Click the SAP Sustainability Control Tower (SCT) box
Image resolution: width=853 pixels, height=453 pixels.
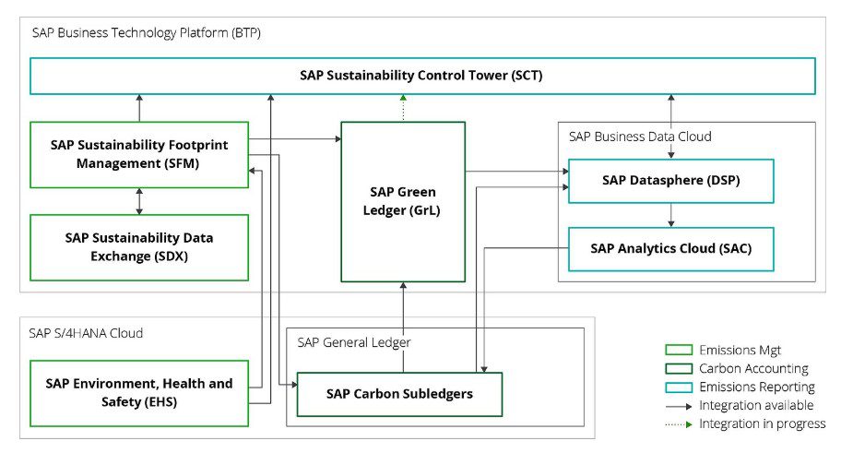coord(421,76)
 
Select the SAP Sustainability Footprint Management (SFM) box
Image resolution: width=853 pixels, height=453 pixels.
coord(139,154)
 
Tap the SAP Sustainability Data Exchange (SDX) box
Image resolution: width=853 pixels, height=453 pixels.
coord(139,247)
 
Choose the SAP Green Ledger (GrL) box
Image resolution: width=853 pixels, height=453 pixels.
coord(403,201)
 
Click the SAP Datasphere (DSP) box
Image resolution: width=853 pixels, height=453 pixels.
coord(670,181)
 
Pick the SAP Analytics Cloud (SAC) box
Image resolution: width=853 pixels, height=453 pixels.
coord(670,248)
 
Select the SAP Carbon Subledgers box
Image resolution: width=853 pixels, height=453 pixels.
coord(399,394)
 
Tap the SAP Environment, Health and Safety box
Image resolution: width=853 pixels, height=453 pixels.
coord(139,393)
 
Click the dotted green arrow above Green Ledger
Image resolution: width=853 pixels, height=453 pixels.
coord(403,107)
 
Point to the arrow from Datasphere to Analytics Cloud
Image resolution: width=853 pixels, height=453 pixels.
coord(671,215)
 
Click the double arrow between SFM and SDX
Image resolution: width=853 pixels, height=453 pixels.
coord(139,201)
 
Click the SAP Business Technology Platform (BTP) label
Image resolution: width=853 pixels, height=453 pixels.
coord(146,33)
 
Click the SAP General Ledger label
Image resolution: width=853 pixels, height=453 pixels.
coord(354,342)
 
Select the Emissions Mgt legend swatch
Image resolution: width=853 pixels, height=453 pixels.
coord(679,350)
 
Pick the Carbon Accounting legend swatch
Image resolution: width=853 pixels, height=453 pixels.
coord(679,368)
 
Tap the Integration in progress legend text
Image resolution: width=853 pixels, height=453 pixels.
coord(763,423)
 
